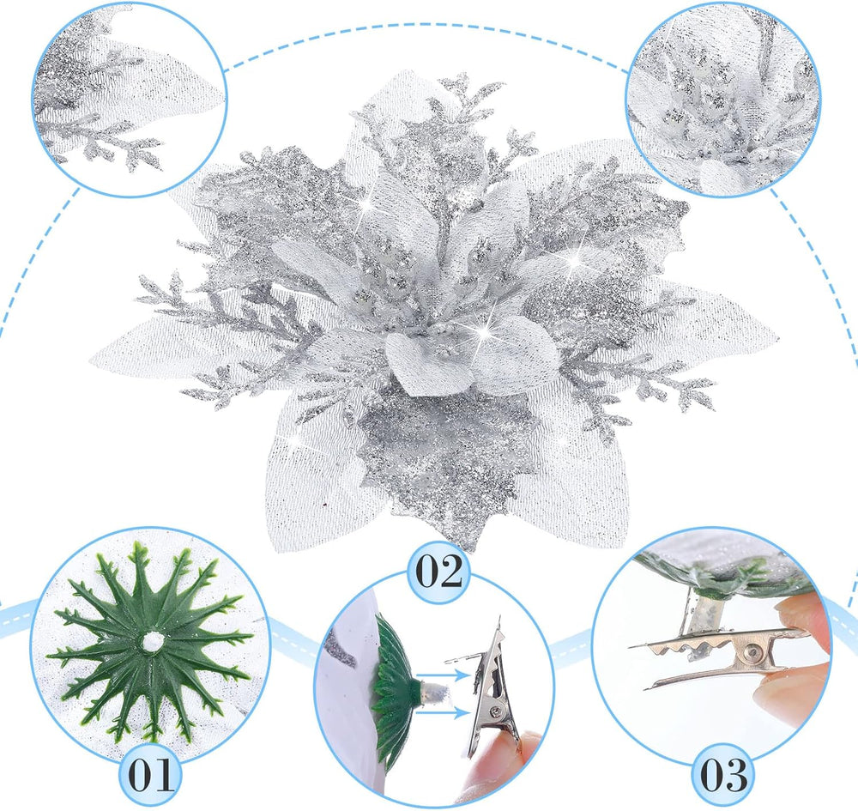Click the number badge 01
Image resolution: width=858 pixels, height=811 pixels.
pos(150,773)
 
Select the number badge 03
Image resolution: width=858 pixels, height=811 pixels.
pos(723,774)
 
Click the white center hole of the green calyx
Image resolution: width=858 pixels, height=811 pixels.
pos(150,641)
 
